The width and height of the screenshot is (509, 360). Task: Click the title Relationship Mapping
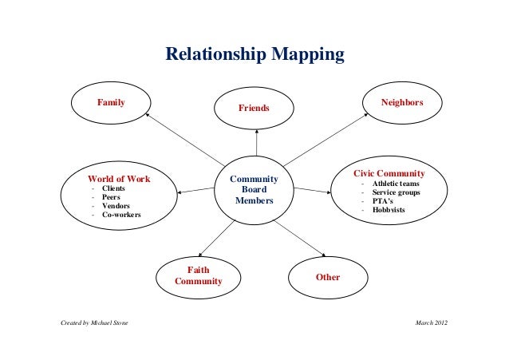[x=254, y=56]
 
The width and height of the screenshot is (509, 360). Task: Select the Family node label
[x=112, y=103]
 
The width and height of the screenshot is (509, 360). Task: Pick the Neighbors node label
[x=402, y=104]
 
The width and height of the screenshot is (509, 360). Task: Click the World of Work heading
[x=119, y=178]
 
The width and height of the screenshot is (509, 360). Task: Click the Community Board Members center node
[x=254, y=190]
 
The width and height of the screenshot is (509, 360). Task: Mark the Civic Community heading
[x=389, y=173]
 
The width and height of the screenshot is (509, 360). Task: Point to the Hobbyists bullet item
[x=388, y=210]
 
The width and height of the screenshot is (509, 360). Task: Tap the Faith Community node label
[x=198, y=276]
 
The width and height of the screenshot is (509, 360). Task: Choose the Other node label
[x=328, y=278]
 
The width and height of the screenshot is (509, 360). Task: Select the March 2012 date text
[x=432, y=322]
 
